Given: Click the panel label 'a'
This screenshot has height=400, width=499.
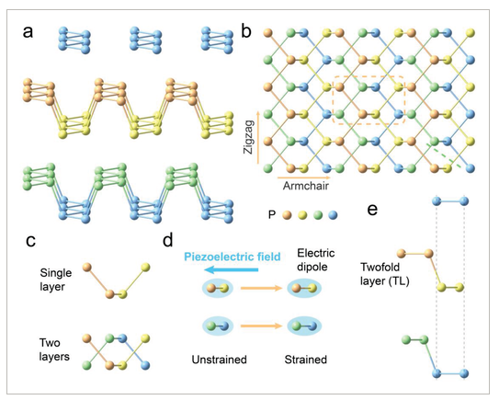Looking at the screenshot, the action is point(28,32).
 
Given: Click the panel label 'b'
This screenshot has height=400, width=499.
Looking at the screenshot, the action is point(246,31).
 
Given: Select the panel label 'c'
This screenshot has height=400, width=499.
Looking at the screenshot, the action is point(30,241).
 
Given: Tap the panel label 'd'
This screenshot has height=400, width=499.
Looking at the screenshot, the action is point(168,239).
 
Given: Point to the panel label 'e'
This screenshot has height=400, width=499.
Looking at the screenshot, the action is point(372,210).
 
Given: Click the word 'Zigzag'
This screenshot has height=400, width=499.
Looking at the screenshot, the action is point(248,137).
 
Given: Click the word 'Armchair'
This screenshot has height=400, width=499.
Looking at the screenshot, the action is point(306,186).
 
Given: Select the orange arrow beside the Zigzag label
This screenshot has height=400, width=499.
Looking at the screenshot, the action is point(258,138).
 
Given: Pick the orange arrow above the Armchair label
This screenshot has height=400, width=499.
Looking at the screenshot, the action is point(304,177).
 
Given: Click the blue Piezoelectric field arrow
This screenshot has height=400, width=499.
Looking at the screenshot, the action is point(231,270).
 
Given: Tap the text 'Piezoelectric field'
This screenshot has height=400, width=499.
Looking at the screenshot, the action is point(232,257).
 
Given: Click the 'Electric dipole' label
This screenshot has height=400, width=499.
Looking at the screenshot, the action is point(316,259).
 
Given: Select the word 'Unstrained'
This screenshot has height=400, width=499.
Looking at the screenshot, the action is point(220,360).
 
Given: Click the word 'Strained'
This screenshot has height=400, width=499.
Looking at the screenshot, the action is point(305,360).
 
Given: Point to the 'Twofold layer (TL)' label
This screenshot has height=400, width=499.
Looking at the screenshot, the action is point(384,274).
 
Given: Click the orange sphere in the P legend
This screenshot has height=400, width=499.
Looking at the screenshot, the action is point(287,215).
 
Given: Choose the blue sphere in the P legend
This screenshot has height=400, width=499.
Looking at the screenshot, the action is point(333,215).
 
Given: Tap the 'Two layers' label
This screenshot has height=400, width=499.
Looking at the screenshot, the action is point(54,349).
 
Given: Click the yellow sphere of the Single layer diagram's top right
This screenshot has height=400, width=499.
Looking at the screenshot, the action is point(145,268).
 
